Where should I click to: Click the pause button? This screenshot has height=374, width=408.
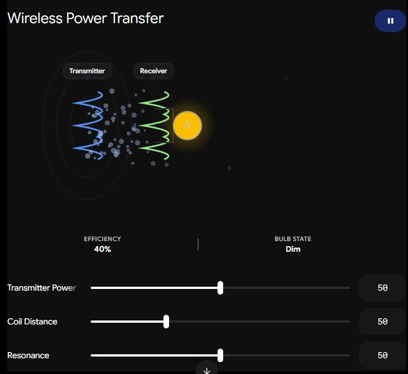click(390, 21)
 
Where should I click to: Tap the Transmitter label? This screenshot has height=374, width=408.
click(87, 71)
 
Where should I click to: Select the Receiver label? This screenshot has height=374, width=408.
click(153, 71)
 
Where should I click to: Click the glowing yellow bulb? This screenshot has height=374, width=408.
click(187, 126)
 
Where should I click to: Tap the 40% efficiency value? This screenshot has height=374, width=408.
click(103, 249)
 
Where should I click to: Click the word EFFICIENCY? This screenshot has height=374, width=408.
click(103, 239)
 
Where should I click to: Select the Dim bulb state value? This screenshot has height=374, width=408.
click(293, 249)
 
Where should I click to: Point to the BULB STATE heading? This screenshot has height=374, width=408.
click(293, 239)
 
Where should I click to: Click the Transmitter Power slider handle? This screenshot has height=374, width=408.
click(220, 288)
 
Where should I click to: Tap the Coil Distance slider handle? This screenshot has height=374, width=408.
click(166, 322)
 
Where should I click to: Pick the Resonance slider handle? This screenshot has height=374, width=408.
click(220, 355)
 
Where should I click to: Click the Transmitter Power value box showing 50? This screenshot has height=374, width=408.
click(383, 288)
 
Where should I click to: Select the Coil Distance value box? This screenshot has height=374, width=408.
click(383, 322)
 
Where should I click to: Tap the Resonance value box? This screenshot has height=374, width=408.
click(383, 355)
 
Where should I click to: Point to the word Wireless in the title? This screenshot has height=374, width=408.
click(35, 18)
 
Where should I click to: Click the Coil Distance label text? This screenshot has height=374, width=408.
click(32, 322)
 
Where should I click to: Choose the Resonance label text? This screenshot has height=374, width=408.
click(28, 355)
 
